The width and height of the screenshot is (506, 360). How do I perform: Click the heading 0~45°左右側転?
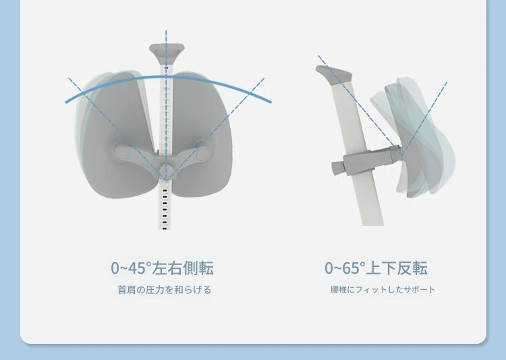[x=162, y=268]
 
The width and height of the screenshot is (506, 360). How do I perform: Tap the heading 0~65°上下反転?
[x=376, y=268]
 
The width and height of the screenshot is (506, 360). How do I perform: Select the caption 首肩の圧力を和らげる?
[x=164, y=290]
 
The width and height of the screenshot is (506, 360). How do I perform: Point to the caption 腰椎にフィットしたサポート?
[x=383, y=289]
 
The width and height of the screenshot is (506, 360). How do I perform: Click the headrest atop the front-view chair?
[x=167, y=52]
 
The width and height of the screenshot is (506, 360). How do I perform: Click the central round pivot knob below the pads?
[x=166, y=169]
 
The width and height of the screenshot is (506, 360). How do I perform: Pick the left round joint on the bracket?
[x=123, y=152]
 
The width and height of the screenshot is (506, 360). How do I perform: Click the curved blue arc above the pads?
[x=168, y=78]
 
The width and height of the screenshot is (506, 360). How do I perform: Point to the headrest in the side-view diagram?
[x=334, y=73]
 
